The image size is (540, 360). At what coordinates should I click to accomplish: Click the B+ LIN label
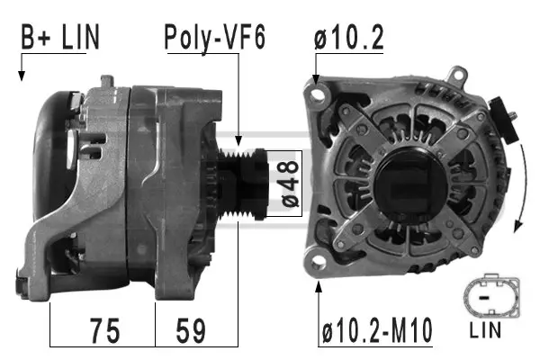pyautogui.click(x=60, y=37)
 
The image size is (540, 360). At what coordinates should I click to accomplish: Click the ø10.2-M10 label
pyautogui.click(x=377, y=330)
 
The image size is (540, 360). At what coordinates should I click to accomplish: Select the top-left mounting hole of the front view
pyautogui.click(x=316, y=92)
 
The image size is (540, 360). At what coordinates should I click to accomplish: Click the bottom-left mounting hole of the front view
pyautogui.click(x=317, y=260)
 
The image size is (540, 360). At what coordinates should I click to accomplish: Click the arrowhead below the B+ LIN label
pyautogui.click(x=21, y=76)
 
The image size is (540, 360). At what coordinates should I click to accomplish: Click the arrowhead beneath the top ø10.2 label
pyautogui.click(x=316, y=79)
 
